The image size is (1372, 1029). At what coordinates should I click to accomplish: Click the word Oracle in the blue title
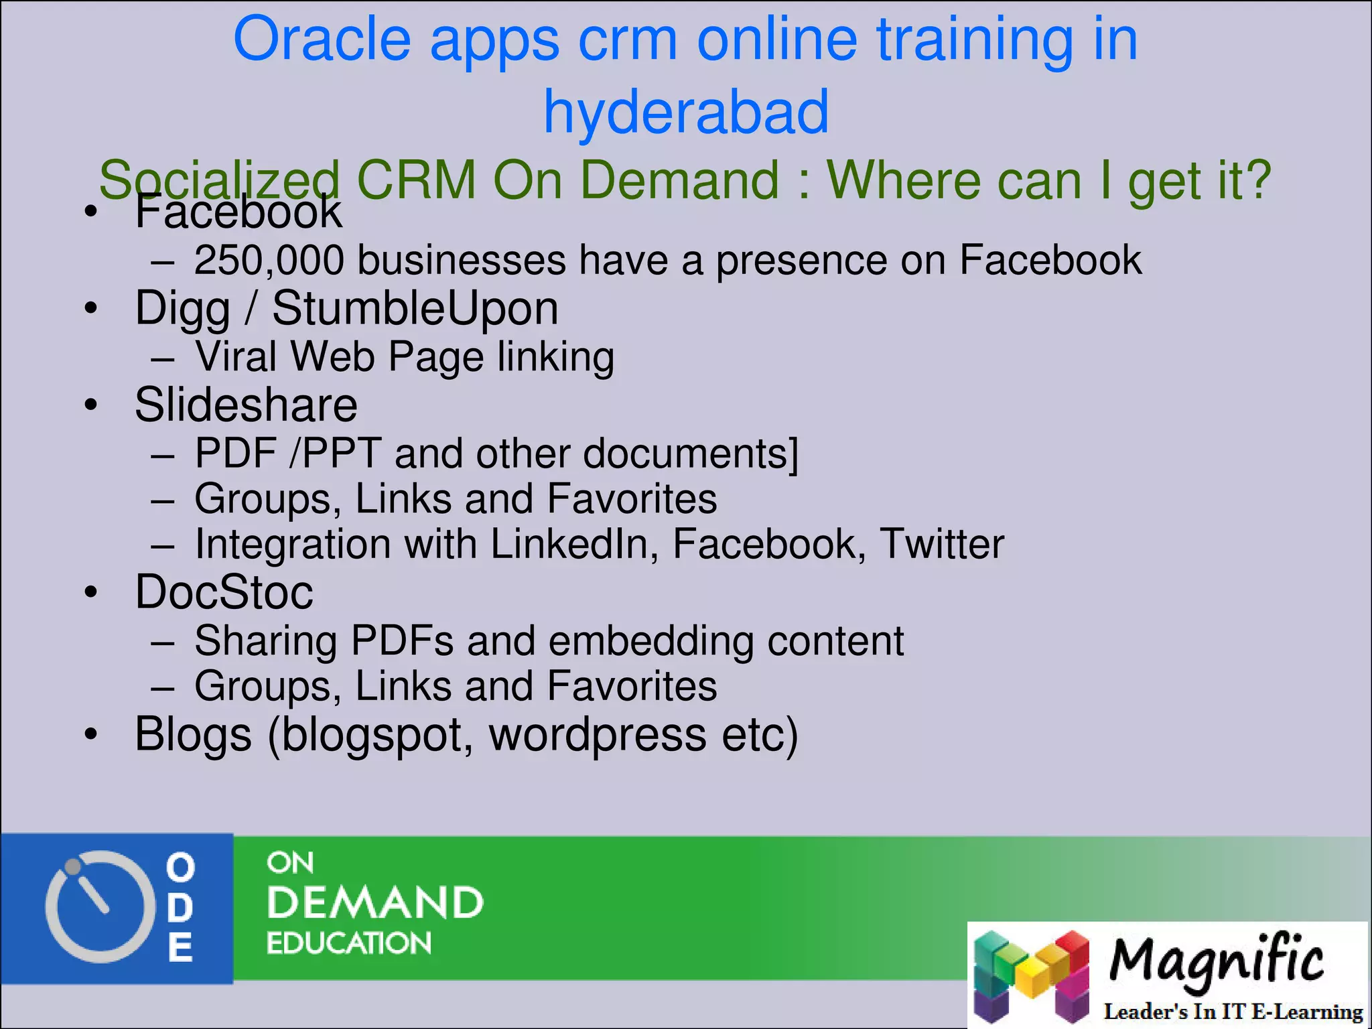(322, 40)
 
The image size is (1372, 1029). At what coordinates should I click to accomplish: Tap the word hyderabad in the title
(686, 112)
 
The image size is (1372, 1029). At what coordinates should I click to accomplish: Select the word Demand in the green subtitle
(677, 180)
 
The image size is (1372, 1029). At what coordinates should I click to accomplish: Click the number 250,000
(269, 260)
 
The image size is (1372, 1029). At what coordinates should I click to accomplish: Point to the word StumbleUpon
(415, 309)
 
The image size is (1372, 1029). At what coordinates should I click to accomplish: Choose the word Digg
(182, 309)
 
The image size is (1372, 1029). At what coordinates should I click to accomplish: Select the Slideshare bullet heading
(246, 405)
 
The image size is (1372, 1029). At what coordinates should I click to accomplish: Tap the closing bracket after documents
(793, 454)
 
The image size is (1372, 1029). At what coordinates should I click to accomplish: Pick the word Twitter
(941, 544)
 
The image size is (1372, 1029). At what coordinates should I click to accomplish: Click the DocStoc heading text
(224, 593)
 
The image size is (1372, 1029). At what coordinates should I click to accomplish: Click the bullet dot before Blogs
(91, 734)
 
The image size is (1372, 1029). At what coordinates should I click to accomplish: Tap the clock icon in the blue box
(95, 906)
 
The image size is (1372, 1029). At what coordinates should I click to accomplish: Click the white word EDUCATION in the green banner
(348, 943)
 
